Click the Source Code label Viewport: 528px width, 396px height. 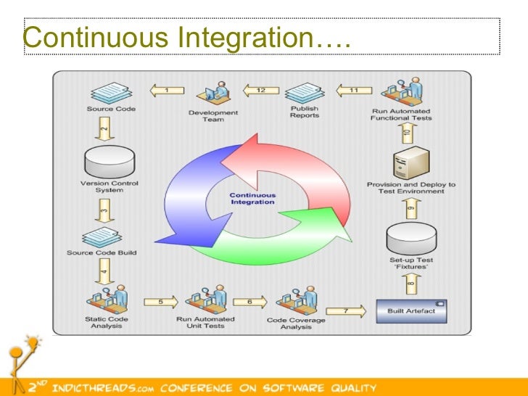click(111, 110)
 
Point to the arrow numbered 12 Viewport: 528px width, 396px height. click(257, 91)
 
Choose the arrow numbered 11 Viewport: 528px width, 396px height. click(350, 91)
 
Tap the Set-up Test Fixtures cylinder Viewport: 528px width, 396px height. click(411, 236)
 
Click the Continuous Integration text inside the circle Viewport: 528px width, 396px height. click(252, 199)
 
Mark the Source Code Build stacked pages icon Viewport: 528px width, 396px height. click(109, 236)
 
